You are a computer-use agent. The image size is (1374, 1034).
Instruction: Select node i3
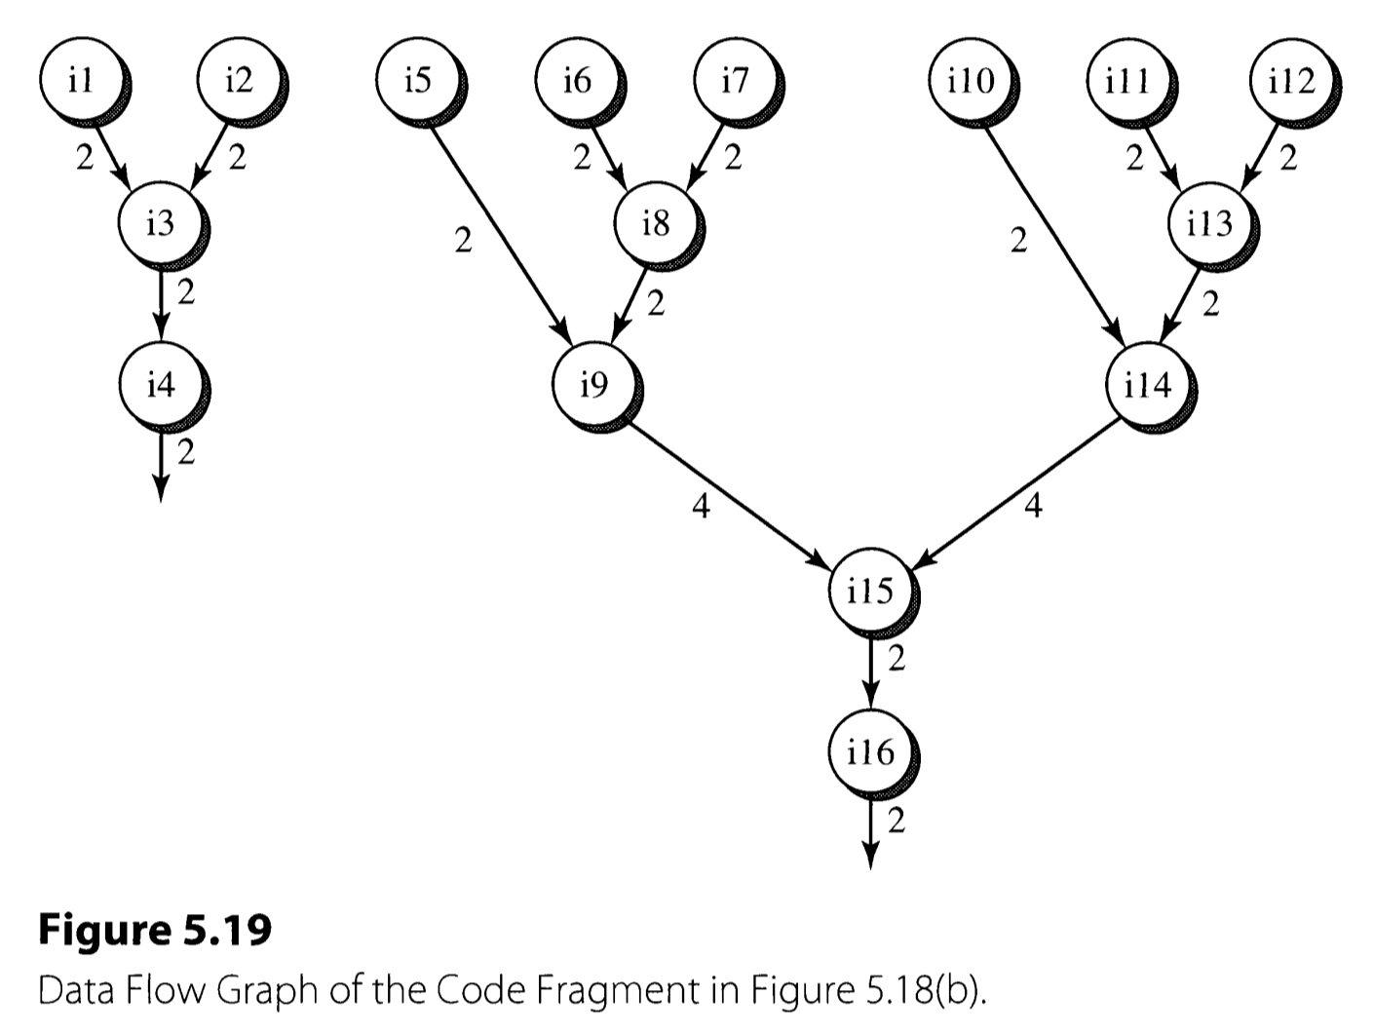click(159, 223)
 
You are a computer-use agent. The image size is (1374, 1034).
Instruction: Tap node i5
click(416, 80)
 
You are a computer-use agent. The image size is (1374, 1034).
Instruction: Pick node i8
click(655, 223)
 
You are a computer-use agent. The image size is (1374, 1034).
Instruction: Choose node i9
click(592, 385)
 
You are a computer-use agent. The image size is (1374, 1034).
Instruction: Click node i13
click(1208, 223)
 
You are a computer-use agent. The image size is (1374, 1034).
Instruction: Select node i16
click(869, 750)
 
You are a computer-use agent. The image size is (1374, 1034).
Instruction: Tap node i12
click(1291, 80)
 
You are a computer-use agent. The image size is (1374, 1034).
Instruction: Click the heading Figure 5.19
click(154, 931)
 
